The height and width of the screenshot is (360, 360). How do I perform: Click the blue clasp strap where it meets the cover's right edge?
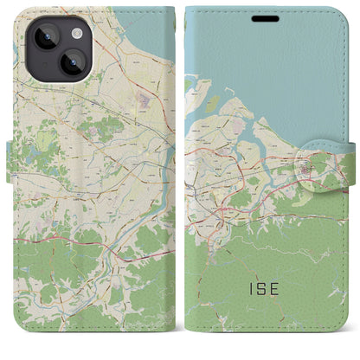[344, 164]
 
